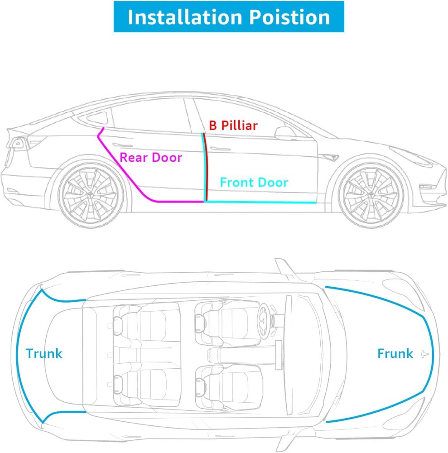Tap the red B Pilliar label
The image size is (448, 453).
click(x=233, y=125)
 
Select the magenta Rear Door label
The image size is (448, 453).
click(x=150, y=158)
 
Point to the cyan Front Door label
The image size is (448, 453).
click(x=254, y=183)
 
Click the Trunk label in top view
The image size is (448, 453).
click(x=44, y=353)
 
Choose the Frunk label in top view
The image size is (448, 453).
click(x=395, y=353)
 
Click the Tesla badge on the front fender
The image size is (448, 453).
click(x=330, y=157)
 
